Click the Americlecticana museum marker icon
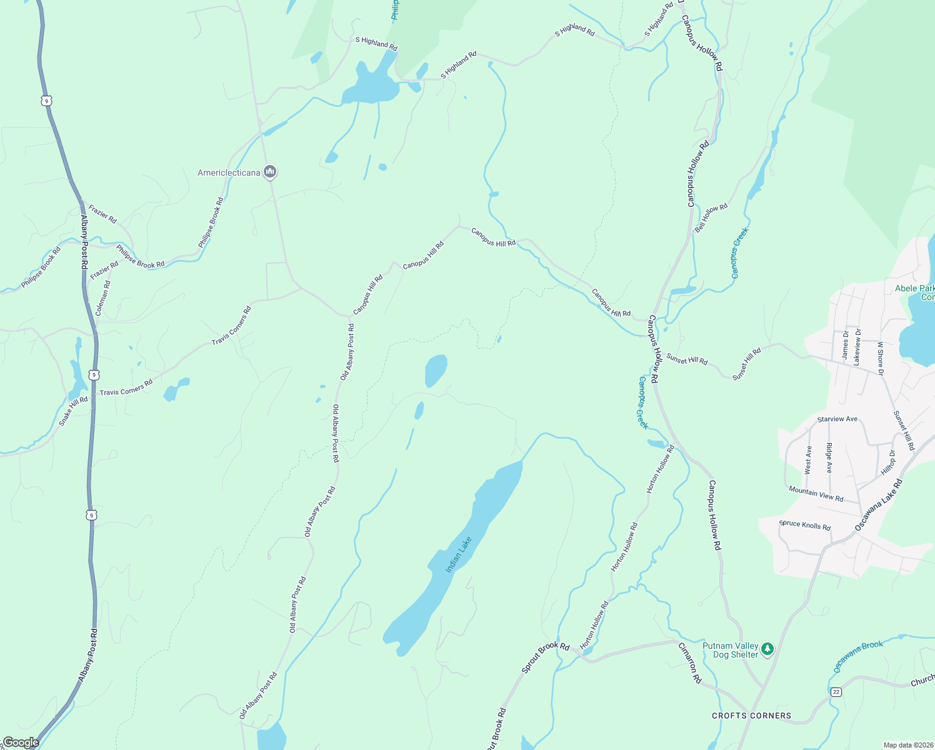tap(270, 171)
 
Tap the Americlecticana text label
tap(229, 172)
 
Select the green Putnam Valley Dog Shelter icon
tap(767, 649)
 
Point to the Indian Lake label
tap(458, 554)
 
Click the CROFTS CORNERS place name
tap(751, 716)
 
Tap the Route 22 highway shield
tap(836, 692)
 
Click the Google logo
tap(21, 742)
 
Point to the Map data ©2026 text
tap(907, 745)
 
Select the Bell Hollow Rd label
tap(711, 217)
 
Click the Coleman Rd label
tap(103, 297)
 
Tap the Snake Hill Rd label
tap(73, 411)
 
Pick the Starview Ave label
tap(837, 419)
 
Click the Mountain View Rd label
tap(816, 494)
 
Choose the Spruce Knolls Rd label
tap(804, 525)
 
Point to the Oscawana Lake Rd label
tap(879, 505)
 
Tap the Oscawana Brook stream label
tap(858, 656)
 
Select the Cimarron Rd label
tap(690, 661)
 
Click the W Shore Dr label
tap(881, 358)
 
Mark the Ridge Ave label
tap(829, 457)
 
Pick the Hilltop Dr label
tap(888, 462)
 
